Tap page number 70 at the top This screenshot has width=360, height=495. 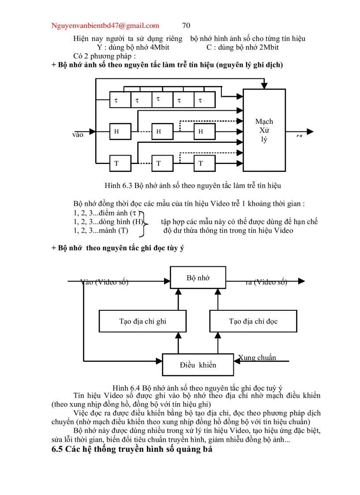pos(186,26)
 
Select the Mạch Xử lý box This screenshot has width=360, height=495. pos(264,130)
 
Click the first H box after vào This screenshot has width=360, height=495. pos(120,131)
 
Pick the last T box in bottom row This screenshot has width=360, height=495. pos(204,163)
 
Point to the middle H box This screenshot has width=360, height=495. pos(162,131)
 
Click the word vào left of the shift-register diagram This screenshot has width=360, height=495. pos(78,135)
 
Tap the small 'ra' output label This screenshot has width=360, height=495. pos(299,136)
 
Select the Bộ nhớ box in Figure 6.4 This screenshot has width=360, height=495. pos(198,278)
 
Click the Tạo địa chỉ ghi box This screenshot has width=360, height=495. pos(142,321)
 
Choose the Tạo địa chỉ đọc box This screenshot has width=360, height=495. pos(253,321)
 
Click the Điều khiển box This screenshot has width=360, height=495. pos(198,365)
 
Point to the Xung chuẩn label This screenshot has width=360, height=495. pos(257,357)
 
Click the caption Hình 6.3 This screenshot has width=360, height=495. pos(193,185)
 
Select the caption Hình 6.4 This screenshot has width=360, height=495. pos(198,388)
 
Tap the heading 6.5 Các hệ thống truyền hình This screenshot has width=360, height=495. pos(132,450)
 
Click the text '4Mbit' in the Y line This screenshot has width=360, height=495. pos(160,47)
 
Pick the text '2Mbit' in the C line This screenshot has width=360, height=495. pos(269,47)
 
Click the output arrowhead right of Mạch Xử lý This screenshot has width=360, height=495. pos(310,131)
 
